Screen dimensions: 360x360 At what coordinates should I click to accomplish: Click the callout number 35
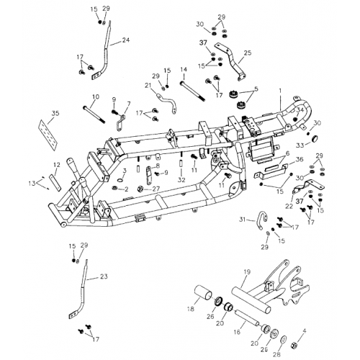coord(55,113)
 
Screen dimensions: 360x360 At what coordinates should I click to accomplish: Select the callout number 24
coord(126,40)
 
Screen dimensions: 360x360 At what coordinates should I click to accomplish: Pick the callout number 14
coord(184,70)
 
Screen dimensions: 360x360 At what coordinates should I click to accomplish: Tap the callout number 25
coord(248,53)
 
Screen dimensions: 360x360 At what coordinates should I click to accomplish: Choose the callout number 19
coord(246,271)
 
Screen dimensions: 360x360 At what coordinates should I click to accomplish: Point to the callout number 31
coord(243,220)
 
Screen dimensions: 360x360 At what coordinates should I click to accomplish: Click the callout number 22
coord(289,207)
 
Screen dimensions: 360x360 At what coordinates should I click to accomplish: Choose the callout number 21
coord(148,85)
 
